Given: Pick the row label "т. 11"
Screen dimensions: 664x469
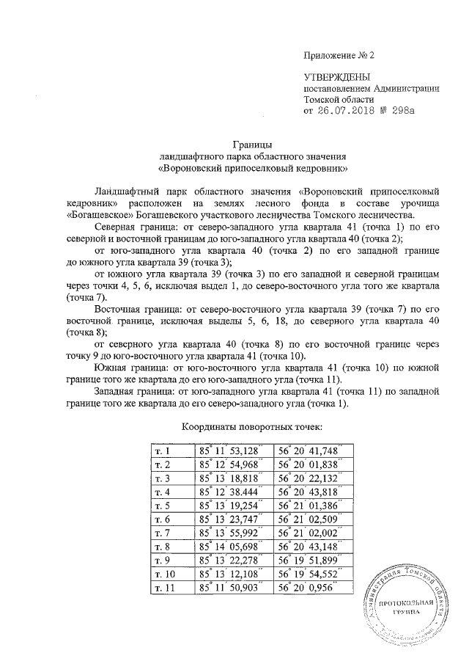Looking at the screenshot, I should click(162, 589).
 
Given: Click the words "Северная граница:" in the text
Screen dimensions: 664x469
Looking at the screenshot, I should click(140, 228).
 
